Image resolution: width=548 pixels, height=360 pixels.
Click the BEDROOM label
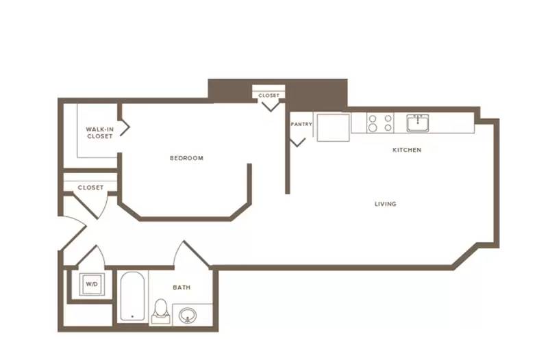(186, 158)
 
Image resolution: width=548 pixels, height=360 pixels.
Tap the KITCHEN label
(407, 150)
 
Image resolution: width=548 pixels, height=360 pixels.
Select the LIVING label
(386, 204)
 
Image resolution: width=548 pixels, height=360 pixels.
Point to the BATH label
(182, 287)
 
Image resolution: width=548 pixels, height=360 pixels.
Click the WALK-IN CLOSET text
(99, 133)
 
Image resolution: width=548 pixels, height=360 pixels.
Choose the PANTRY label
(301, 124)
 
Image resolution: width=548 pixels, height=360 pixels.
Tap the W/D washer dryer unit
(92, 285)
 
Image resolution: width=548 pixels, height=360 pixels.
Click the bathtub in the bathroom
(132, 296)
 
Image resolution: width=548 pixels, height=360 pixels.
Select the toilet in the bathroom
(161, 311)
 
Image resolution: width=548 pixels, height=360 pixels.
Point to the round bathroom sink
(188, 316)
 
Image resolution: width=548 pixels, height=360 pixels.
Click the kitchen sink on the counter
(418, 123)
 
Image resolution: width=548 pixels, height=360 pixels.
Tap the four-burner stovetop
(380, 123)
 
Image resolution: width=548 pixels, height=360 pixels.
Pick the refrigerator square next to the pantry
(333, 127)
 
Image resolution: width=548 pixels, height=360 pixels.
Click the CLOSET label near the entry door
(90, 188)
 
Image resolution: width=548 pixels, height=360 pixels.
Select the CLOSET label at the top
(269, 95)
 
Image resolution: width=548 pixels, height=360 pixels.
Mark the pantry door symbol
(297, 142)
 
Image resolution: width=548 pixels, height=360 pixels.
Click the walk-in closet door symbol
(125, 128)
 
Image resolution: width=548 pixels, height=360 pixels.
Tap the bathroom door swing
(192, 254)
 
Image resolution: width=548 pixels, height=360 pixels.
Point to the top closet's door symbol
(271, 106)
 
